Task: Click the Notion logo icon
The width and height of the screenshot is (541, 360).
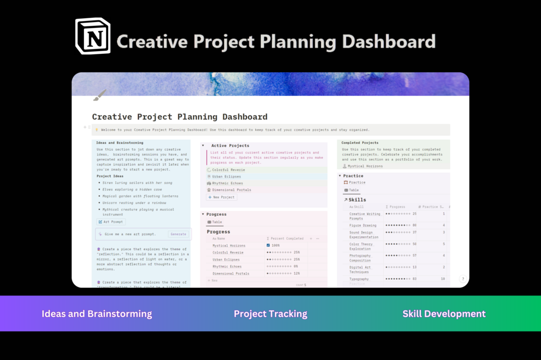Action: click(x=93, y=37)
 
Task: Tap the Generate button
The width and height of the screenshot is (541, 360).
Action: click(x=178, y=234)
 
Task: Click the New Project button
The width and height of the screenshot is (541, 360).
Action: click(x=221, y=197)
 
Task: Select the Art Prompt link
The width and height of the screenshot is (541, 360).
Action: click(x=111, y=222)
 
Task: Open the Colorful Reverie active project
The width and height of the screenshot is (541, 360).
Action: click(x=228, y=170)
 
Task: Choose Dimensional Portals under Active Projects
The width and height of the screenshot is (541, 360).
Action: click(x=231, y=190)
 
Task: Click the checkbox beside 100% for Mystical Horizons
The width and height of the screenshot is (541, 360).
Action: click(x=268, y=245)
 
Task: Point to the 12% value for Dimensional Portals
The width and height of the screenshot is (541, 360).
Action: click(x=297, y=273)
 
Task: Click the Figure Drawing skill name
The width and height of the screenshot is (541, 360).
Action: click(x=363, y=225)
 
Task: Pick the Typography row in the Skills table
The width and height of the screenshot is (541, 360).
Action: click(x=359, y=279)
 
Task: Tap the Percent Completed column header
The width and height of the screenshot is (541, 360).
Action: click(x=287, y=238)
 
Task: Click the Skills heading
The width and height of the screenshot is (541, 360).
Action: click(x=357, y=200)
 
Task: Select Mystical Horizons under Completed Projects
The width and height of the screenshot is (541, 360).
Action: click(x=365, y=166)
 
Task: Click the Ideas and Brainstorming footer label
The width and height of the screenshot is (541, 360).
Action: click(x=97, y=314)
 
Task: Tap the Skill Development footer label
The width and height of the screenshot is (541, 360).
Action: click(x=444, y=314)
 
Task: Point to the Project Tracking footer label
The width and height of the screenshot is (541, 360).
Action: click(x=270, y=314)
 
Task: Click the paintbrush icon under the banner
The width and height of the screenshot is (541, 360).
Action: click(x=100, y=95)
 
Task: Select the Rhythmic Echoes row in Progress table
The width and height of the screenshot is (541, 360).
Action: click(x=227, y=266)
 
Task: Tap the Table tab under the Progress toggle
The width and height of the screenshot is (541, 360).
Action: click(x=215, y=222)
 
